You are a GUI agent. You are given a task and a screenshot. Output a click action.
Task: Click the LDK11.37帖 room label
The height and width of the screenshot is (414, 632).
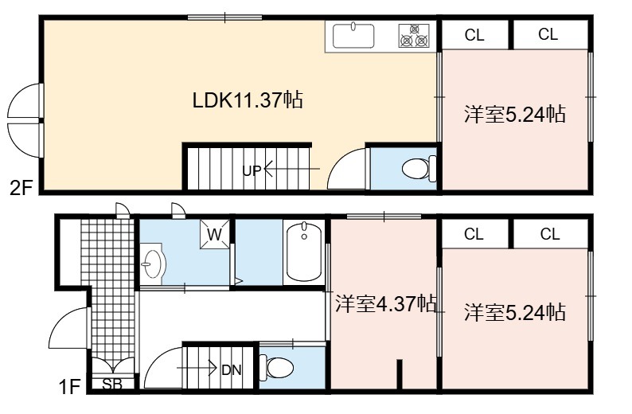tap(248, 100)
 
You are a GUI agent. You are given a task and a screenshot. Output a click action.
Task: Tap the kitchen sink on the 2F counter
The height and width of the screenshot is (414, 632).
tap(353, 36)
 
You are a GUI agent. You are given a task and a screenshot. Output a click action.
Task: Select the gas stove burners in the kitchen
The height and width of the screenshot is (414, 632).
tap(414, 36)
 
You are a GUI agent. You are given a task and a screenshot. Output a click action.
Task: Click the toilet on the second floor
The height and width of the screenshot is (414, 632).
tap(419, 168)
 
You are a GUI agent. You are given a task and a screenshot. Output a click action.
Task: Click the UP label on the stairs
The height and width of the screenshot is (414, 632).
tap(252, 171)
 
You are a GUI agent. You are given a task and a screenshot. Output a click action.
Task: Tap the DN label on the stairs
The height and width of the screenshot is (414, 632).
tap(232, 370)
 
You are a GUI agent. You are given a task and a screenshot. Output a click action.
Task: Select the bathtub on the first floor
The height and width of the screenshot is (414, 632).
tap(304, 252)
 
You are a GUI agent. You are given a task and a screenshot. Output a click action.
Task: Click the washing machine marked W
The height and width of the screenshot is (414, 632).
tap(215, 234)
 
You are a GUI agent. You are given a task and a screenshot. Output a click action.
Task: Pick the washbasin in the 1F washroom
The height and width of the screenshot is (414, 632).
tap(152, 264)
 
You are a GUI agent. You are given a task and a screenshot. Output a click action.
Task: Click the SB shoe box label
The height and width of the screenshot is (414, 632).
tap(111, 385)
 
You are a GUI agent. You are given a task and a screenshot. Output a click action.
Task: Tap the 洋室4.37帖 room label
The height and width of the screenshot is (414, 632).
tap(386, 303)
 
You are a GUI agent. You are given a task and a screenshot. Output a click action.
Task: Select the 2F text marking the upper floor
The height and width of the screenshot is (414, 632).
tap(21, 187)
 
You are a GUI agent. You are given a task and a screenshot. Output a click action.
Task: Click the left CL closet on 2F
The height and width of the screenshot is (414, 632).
tap(474, 35)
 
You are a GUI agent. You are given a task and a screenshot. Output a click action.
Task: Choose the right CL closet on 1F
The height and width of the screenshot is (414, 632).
tap(550, 234)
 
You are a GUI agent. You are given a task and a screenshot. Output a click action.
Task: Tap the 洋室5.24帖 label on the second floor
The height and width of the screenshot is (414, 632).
tap(515, 114)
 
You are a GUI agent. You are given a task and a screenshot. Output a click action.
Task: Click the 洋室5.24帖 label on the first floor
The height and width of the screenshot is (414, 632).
tap(515, 312)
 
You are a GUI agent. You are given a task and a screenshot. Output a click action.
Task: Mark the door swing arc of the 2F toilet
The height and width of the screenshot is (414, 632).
tap(337, 162)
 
